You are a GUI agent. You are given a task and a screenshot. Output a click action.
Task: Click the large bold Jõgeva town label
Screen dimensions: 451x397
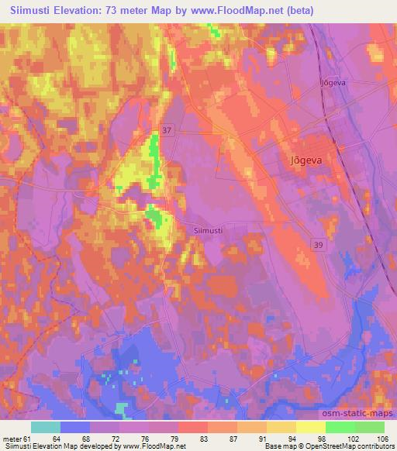pyautogui.click(x=306, y=161)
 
